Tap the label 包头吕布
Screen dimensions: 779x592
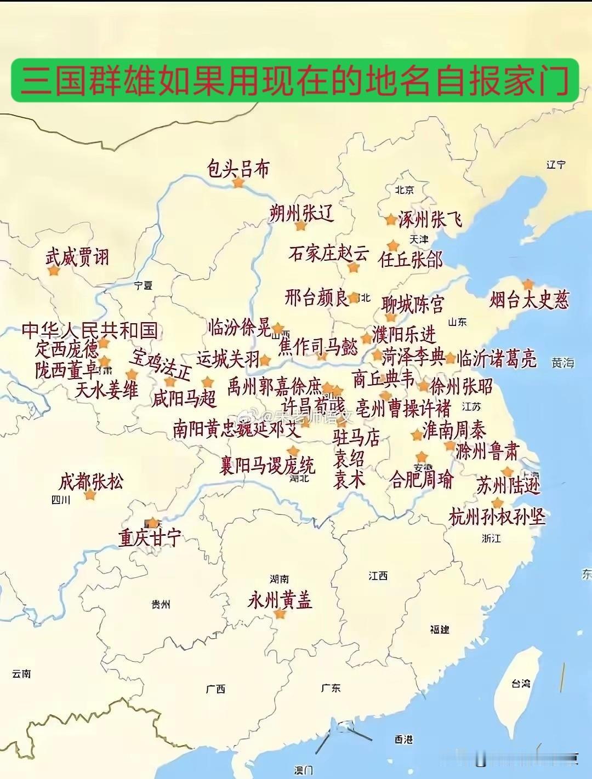pyautogui.click(x=238, y=169)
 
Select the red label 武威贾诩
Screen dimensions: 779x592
pyautogui.click(x=78, y=256)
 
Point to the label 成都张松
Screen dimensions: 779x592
pyautogui.click(x=91, y=482)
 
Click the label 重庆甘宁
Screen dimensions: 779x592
pyautogui.click(x=150, y=538)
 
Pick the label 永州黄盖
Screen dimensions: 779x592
pyautogui.click(x=280, y=600)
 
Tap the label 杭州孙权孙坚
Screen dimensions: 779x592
pyautogui.click(x=497, y=517)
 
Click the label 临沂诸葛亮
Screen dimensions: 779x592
pyautogui.click(x=497, y=359)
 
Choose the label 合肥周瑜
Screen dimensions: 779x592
pyautogui.click(x=422, y=480)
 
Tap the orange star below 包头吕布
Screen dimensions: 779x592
pyautogui.click(x=238, y=183)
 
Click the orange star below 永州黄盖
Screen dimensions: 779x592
pyautogui.click(x=280, y=614)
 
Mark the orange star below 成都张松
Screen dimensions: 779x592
pyautogui.click(x=90, y=495)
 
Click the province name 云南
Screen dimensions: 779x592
pyautogui.click(x=21, y=674)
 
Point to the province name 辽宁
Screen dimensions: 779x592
pyautogui.click(x=556, y=164)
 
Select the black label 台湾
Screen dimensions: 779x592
pyautogui.click(x=521, y=684)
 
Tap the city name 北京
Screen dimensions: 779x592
pyautogui.click(x=404, y=190)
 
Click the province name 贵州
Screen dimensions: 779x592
pyautogui.click(x=161, y=605)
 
